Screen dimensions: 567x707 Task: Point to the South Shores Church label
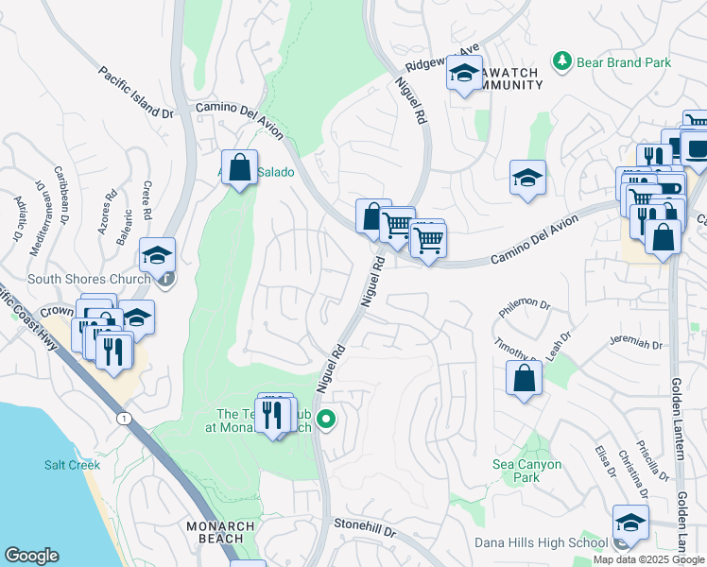tap(89, 279)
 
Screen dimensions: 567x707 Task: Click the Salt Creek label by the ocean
tap(65, 465)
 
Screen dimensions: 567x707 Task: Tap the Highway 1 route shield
tap(123, 418)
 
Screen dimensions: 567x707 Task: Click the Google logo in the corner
tap(31, 556)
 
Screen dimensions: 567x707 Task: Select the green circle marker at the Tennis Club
tap(326, 419)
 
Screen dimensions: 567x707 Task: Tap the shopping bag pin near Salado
tap(240, 167)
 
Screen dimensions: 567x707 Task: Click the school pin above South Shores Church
tap(157, 254)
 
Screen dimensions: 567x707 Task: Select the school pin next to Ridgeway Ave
tap(464, 73)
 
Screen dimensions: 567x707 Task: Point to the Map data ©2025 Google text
tap(648, 559)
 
